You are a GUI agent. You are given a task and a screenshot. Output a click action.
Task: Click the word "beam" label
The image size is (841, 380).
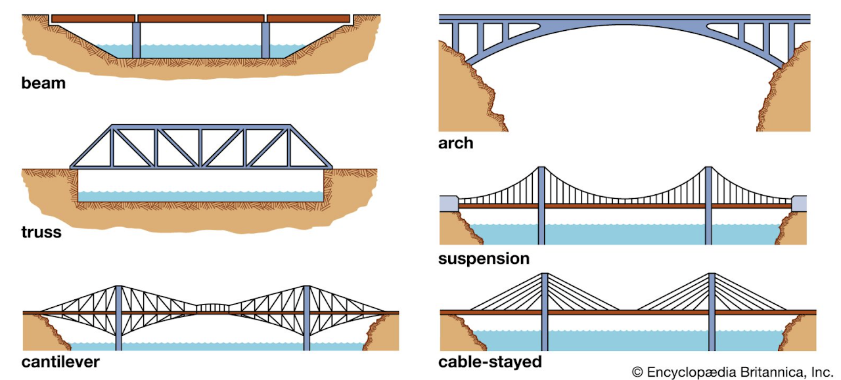(43, 83)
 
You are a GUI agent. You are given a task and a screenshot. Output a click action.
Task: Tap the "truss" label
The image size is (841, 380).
(41, 232)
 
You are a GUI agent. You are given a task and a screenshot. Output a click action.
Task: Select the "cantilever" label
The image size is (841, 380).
(60, 362)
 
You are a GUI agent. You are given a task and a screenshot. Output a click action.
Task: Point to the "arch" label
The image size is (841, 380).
(455, 143)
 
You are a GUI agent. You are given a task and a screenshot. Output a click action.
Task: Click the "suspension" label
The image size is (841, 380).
(484, 259)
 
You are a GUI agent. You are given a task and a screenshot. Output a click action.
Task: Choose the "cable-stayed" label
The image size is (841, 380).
(489, 362)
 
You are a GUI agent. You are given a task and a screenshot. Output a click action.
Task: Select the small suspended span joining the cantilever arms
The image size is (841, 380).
(212, 307)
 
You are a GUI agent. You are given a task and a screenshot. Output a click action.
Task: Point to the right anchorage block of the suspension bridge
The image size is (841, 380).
(800, 203)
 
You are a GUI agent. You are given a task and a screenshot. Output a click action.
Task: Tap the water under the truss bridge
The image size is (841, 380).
(200, 196)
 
